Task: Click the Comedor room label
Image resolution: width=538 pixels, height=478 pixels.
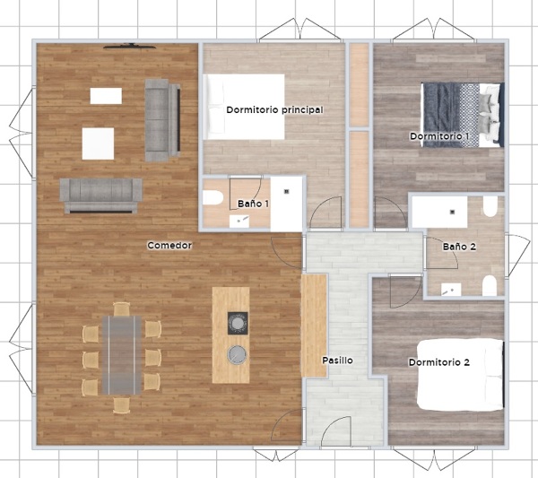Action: [169, 246]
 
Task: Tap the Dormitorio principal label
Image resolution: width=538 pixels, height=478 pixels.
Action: [274, 110]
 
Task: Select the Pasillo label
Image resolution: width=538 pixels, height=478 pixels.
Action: [337, 361]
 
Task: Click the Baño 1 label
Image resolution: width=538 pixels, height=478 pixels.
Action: [253, 204]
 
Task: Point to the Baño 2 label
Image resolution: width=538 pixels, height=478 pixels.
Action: [459, 247]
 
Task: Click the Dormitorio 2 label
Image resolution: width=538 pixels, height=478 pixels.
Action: [438, 362]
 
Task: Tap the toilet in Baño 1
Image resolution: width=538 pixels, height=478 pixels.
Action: [213, 197]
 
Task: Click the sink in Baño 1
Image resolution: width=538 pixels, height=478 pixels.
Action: [239, 222]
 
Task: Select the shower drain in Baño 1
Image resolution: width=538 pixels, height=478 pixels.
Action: [287, 192]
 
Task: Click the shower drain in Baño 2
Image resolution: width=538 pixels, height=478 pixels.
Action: [453, 212]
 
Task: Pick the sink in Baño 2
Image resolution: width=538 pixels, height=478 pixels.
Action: [451, 290]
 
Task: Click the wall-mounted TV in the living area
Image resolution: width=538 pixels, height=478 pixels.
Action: [130, 46]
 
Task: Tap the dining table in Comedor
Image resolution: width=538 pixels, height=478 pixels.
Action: [121, 355]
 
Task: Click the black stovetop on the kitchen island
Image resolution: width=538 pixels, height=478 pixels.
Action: [238, 323]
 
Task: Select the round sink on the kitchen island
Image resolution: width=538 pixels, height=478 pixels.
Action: [237, 354]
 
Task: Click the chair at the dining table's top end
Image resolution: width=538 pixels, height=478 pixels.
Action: [121, 309]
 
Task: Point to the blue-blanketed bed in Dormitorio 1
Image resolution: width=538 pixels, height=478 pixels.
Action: [463, 115]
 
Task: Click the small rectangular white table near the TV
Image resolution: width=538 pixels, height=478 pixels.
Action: [106, 96]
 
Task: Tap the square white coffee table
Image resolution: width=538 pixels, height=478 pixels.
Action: [98, 143]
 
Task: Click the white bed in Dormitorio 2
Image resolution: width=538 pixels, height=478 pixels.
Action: [461, 374]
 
